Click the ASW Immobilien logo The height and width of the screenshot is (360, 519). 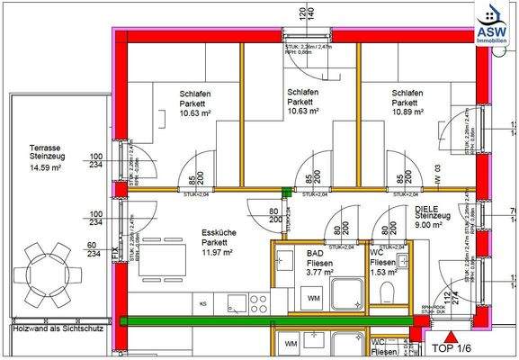click(493, 22)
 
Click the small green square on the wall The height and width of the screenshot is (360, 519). click(287, 190)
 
